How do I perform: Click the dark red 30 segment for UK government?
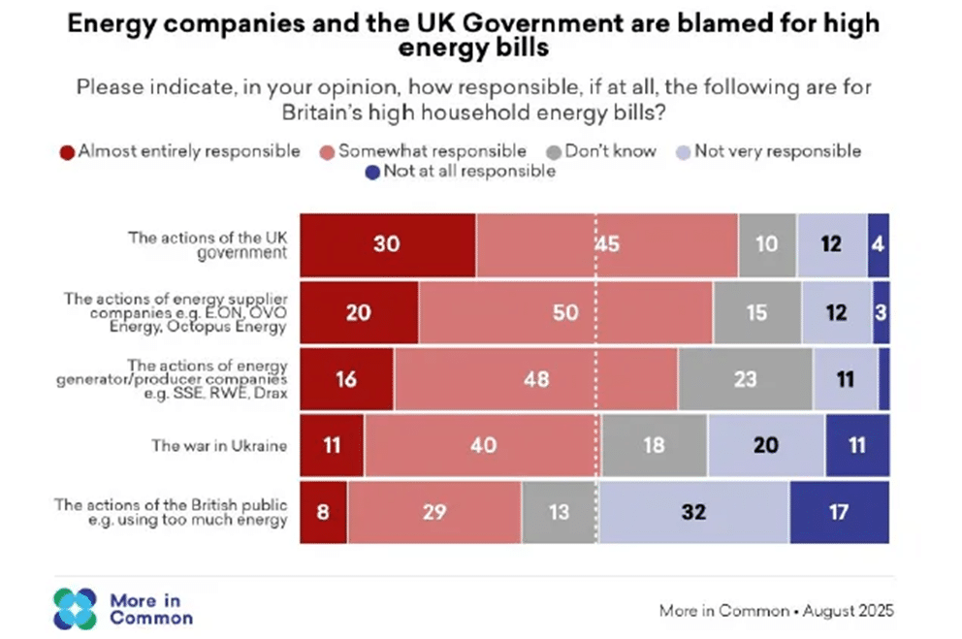[387, 244]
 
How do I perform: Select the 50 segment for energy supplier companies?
[565, 312]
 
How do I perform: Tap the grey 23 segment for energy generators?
[745, 379]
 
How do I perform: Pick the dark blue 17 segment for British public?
[840, 511]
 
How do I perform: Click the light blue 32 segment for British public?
[693, 511]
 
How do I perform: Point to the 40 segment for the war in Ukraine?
[482, 445]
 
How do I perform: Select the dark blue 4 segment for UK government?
[878, 244]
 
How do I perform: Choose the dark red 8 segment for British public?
[323, 511]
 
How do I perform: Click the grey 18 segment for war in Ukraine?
[654, 445]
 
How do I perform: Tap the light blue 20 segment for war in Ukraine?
[766, 445]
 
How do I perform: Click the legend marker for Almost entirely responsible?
[67, 151]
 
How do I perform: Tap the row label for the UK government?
[208, 244]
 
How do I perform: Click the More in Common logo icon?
[76, 609]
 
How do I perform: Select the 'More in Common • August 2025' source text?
[776, 611]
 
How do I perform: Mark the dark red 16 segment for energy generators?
[346, 379]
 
